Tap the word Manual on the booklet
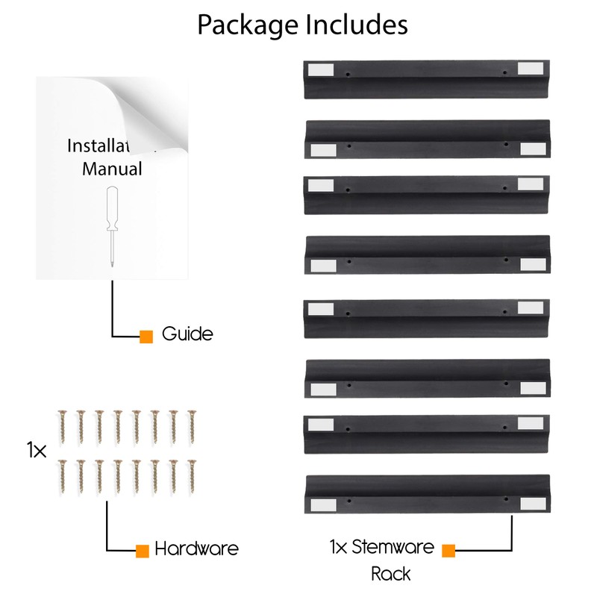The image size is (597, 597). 112,169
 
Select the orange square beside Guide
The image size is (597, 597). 146,337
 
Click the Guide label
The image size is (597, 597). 187,334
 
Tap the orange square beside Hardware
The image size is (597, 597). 142,551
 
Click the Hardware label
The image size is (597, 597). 196,549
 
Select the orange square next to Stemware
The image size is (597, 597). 448,551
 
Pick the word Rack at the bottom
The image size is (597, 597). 391,574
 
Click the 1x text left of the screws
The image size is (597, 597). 37,450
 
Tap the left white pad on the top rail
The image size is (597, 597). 320,69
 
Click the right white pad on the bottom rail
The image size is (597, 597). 531,505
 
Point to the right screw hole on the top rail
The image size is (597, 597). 506,73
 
